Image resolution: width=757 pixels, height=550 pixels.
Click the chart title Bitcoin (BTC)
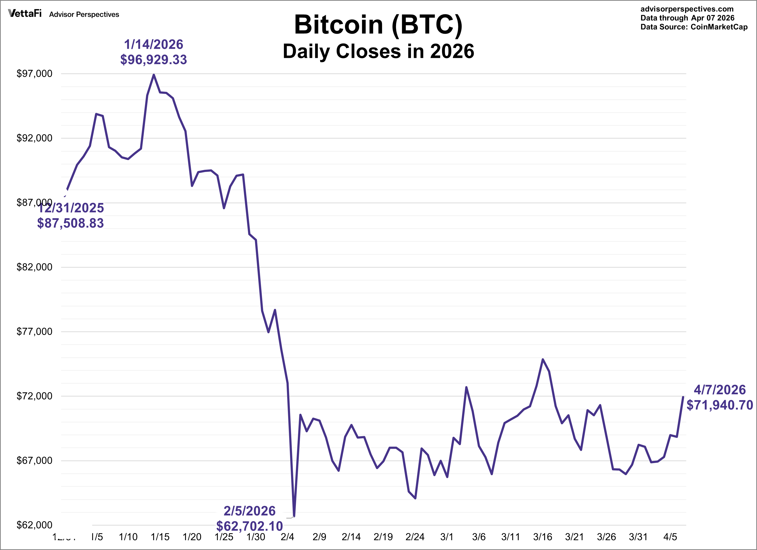coord(378,25)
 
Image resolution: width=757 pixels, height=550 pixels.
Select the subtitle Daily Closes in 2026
coord(378,51)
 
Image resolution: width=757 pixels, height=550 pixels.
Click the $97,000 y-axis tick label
coord(34,74)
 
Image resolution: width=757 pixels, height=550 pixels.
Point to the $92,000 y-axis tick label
coord(34,138)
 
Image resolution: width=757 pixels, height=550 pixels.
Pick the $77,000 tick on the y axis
coord(34,332)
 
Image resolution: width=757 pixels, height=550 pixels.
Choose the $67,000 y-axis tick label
coord(34,460)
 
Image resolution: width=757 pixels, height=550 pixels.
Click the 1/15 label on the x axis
coord(160,537)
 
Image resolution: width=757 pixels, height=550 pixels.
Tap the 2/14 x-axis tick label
coord(351,537)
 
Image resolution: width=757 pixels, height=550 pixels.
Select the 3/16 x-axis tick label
coord(542,537)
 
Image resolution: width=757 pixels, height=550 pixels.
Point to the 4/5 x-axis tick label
coord(670,537)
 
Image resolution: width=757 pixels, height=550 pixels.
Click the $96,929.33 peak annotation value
coord(154,60)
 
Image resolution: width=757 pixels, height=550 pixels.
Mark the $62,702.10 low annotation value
coord(249,526)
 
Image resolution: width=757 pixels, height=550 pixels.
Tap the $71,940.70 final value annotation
coord(720,405)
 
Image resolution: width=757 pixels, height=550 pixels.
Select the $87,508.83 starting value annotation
coord(70,223)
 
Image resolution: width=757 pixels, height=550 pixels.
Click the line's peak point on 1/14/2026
coord(154,75)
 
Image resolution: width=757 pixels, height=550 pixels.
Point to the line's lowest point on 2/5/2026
coord(294,517)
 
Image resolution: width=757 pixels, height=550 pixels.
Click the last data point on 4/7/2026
coord(683,397)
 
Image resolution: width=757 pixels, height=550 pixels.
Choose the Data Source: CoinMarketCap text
coord(694,27)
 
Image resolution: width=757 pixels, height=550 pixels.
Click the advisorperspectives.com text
coord(687,9)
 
